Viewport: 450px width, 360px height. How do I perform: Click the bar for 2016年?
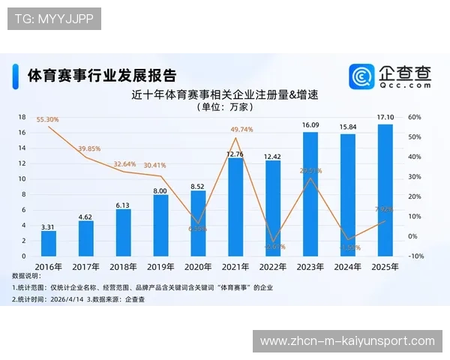pyautogui.click(x=49, y=243)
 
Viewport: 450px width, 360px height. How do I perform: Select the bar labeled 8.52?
pyautogui.click(x=198, y=223)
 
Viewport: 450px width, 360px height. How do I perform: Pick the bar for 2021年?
pyautogui.click(x=235, y=206)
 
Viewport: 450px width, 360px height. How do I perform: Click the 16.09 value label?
pyautogui.click(x=310, y=125)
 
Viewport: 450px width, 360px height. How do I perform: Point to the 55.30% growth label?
pyautogui.click(x=47, y=119)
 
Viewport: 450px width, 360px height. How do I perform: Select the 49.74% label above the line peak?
pyautogui.click(x=241, y=130)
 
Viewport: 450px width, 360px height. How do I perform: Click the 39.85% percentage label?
pyautogui.click(x=89, y=148)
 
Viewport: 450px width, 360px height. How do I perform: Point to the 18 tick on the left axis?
pyautogui.click(x=22, y=117)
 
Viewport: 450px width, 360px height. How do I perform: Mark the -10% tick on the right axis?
pyautogui.click(x=417, y=256)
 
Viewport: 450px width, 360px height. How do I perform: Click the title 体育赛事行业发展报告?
pyautogui.click(x=102, y=76)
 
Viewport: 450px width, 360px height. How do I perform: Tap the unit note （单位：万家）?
pyautogui.click(x=224, y=107)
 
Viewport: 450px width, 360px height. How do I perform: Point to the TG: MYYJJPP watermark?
pyautogui.click(x=53, y=19)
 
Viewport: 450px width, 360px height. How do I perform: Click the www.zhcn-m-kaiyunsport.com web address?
pyautogui.click(x=347, y=341)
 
